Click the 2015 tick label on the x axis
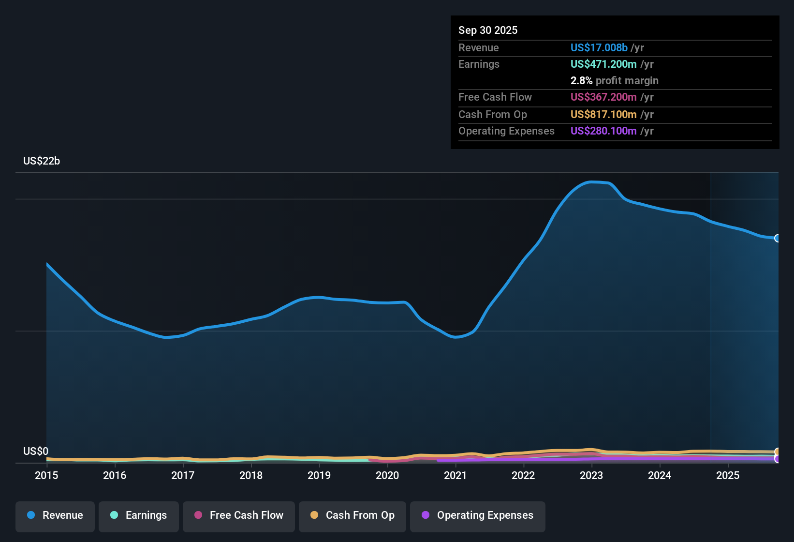(x=46, y=475)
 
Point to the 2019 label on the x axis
(x=319, y=475)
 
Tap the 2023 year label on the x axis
(x=591, y=475)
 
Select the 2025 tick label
(x=728, y=475)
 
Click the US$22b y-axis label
(x=42, y=161)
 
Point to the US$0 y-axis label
(x=36, y=452)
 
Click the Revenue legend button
(x=55, y=515)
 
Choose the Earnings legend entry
(x=139, y=515)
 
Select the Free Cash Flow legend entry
(x=239, y=515)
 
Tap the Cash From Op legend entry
(x=353, y=515)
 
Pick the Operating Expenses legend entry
(x=478, y=515)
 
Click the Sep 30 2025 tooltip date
(x=488, y=30)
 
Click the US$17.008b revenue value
(x=599, y=48)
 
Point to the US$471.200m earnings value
(x=603, y=64)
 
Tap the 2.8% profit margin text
(x=614, y=81)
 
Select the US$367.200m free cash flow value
(x=603, y=97)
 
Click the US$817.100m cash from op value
(x=603, y=115)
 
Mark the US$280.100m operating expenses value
(x=603, y=131)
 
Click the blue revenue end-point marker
(x=777, y=238)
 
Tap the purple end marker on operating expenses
(x=777, y=459)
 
